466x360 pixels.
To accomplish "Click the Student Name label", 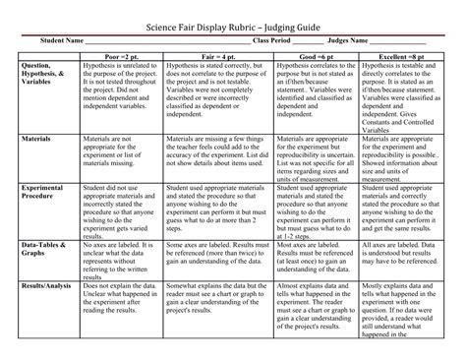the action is point(61,41).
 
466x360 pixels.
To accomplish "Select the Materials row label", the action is point(37,140).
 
